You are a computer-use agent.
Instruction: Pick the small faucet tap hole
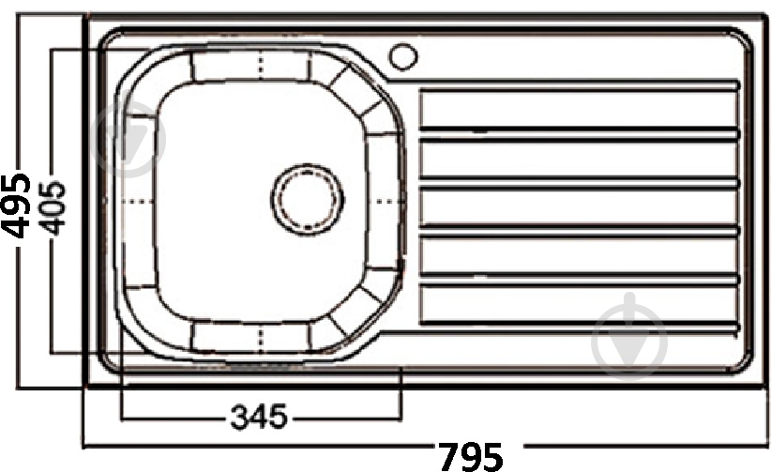pyautogui.click(x=403, y=56)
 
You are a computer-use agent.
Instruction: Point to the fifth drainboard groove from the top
pyautogui.click(x=579, y=280)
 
